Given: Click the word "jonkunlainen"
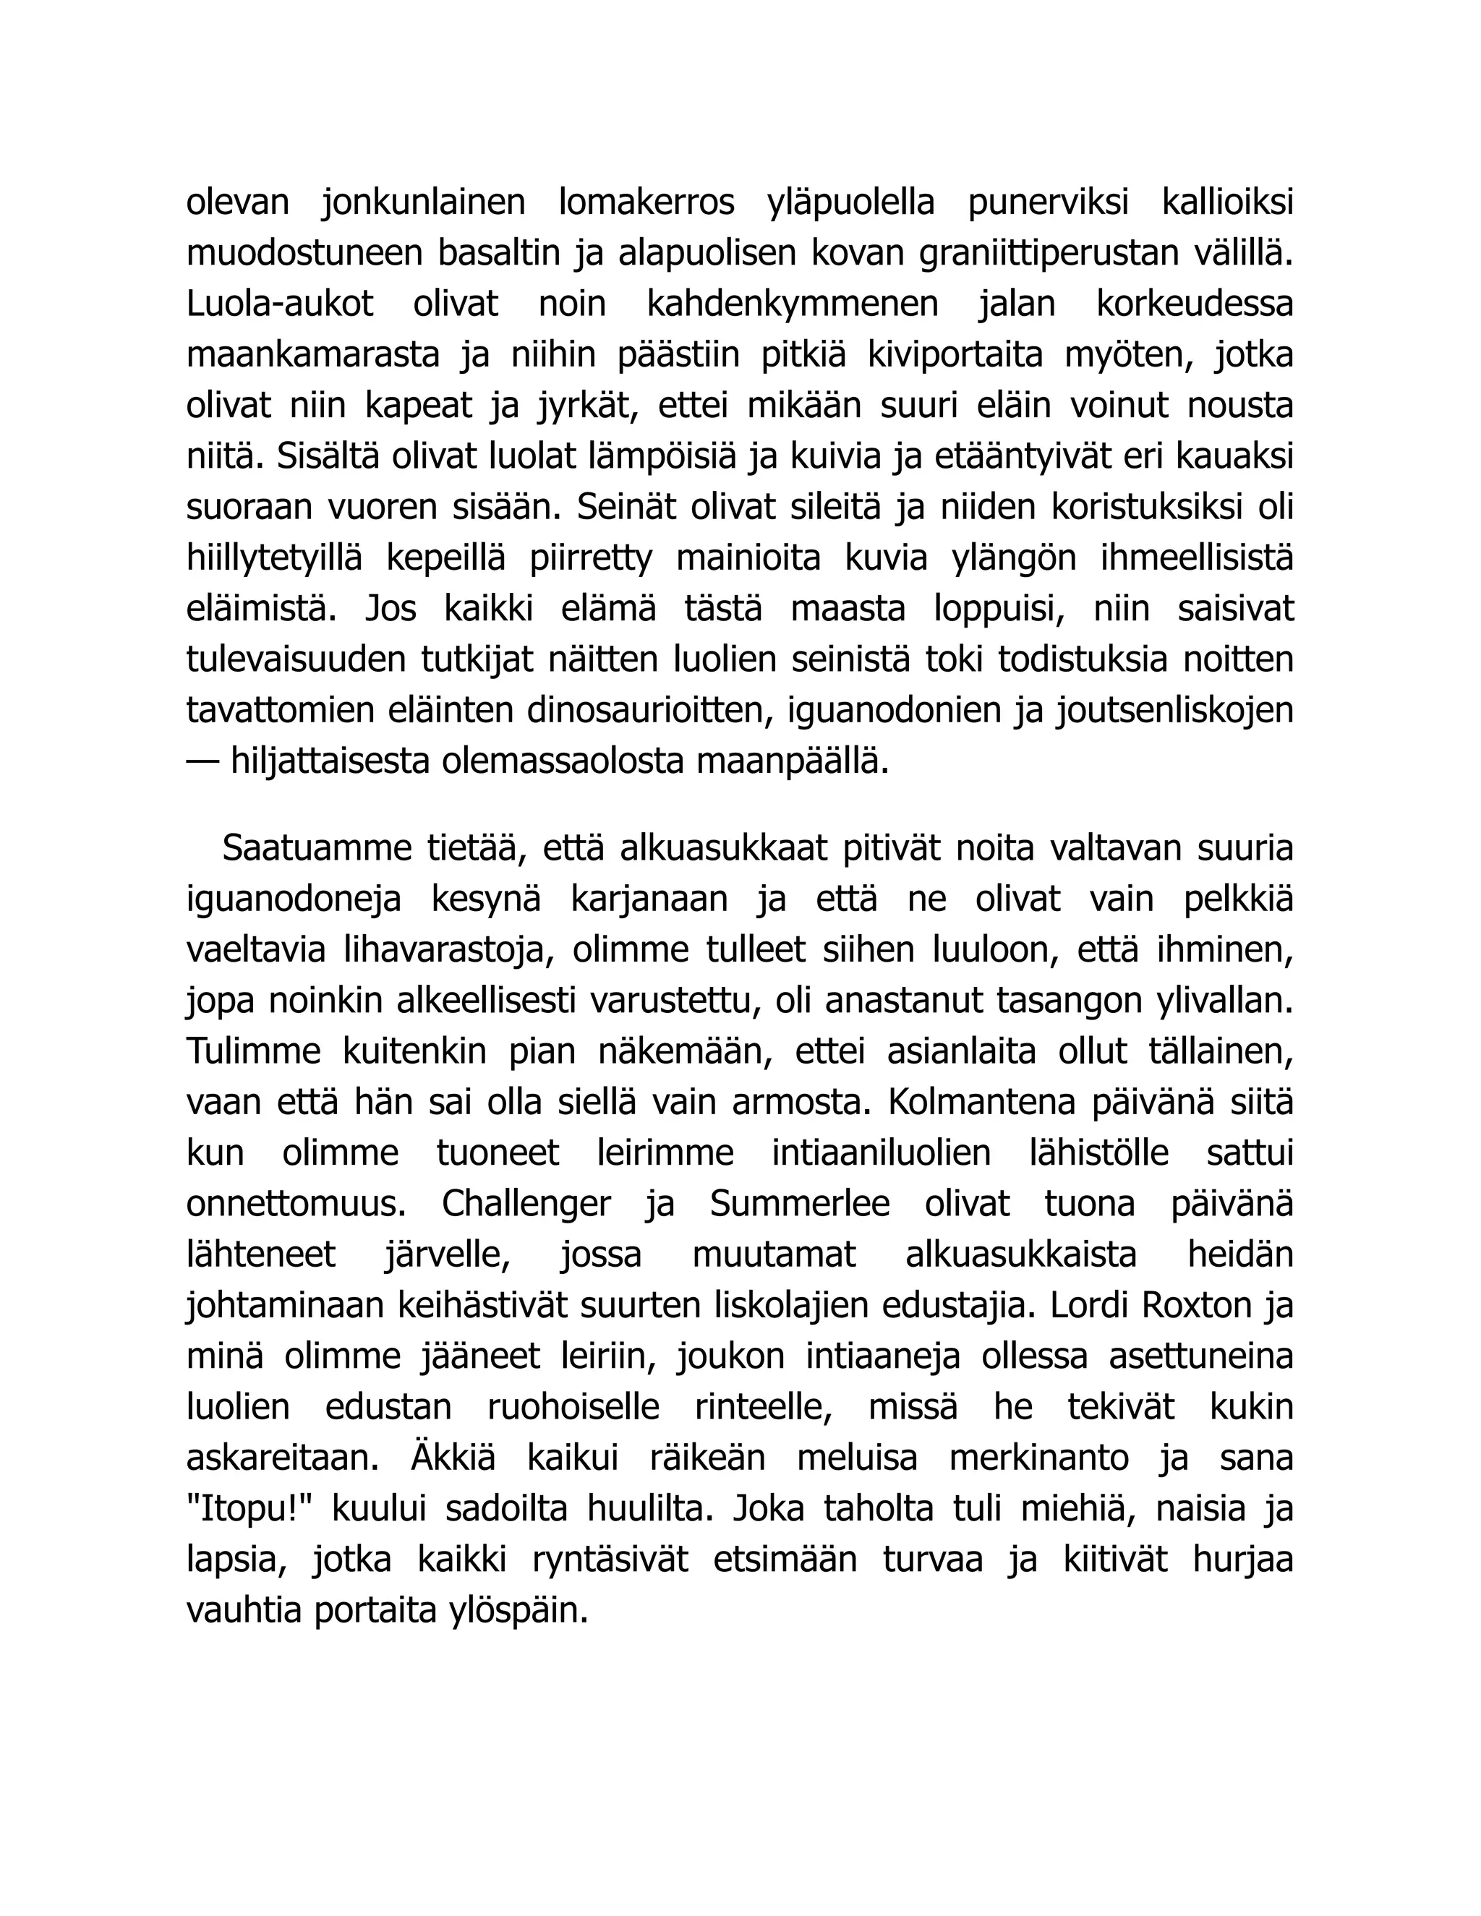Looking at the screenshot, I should tap(423, 202).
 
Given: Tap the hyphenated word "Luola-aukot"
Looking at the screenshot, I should tap(280, 304).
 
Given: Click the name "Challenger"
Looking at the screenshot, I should tap(526, 1205).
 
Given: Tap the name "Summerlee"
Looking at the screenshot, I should tap(799, 1205).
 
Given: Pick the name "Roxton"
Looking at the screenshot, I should tap(1197, 1306).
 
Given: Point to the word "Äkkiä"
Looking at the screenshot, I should tap(453, 1459).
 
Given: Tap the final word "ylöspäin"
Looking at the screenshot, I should tap(534, 1612).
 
